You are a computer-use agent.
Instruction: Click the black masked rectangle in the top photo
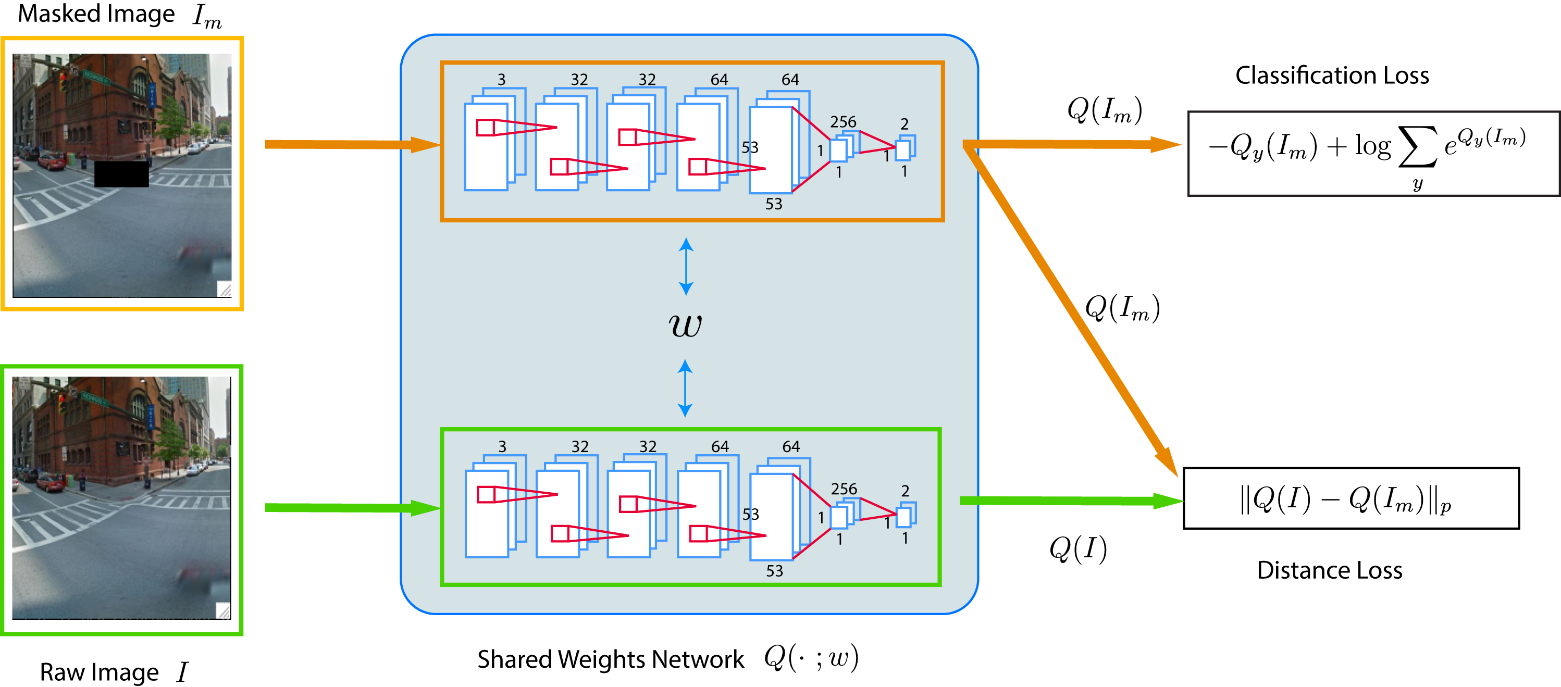[x=121, y=174]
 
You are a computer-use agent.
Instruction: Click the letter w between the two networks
[x=685, y=326]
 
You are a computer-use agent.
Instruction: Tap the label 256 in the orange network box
[x=843, y=122]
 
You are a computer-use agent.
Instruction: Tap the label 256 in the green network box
[x=844, y=489]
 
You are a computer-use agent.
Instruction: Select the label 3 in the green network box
[x=502, y=446]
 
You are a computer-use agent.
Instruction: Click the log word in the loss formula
[x=1372, y=146]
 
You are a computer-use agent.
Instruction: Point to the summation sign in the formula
[x=1417, y=147]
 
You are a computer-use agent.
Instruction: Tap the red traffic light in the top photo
[x=64, y=81]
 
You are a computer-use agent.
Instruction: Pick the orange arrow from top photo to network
[x=352, y=144]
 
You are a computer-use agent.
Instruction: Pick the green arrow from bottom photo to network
[x=352, y=508]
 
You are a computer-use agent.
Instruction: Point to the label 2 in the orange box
[x=904, y=124]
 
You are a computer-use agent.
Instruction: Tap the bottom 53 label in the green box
[x=774, y=571]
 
